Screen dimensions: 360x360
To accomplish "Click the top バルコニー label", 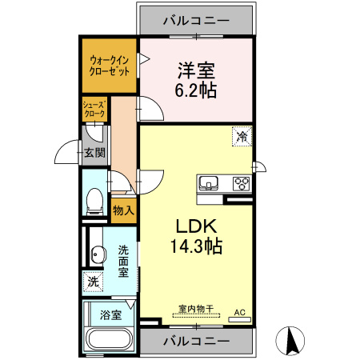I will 197,19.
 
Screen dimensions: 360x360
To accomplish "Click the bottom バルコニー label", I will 197,341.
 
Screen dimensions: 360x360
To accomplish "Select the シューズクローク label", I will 94,109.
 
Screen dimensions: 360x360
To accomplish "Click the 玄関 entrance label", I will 94,152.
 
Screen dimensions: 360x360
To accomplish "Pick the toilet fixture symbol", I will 94,198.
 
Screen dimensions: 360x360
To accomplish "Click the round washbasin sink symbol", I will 96,255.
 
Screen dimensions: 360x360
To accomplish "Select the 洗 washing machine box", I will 94,282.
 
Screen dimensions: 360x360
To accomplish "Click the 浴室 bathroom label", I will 111,314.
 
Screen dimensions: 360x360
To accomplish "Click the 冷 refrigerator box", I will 242,136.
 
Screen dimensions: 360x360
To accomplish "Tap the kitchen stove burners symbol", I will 242,184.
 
